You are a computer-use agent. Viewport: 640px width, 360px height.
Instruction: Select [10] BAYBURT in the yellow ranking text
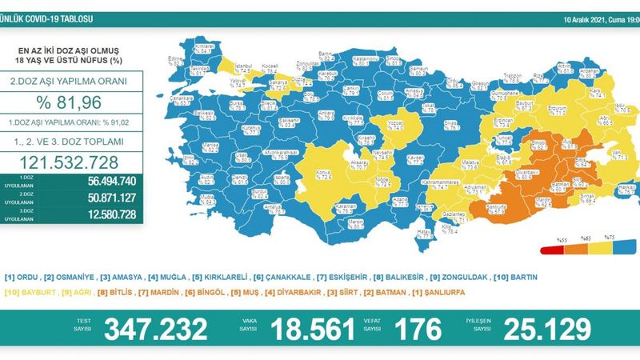pyautogui.click(x=29, y=293)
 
